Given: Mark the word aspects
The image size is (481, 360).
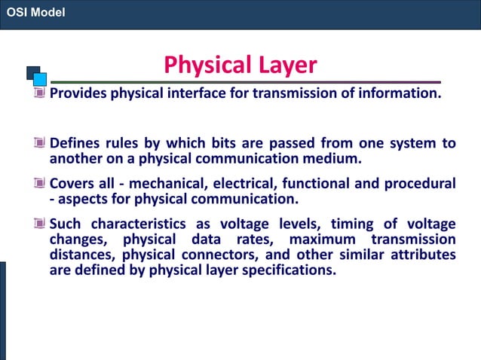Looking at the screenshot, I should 83,200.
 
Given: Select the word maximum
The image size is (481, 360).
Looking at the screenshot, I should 322,239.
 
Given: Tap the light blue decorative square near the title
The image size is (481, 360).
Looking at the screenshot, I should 40,77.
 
